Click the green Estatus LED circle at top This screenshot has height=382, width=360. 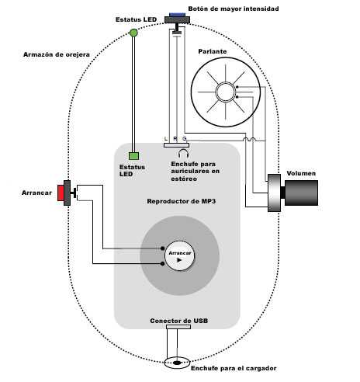[x=133, y=33]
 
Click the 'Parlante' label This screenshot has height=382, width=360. [x=213, y=51]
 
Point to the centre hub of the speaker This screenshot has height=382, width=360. [x=225, y=92]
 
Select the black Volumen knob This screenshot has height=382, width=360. [x=301, y=193]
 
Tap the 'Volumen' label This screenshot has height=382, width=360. [x=301, y=173]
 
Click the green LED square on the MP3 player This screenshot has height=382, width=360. [x=133, y=155]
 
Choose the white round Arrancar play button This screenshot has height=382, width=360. [x=179, y=255]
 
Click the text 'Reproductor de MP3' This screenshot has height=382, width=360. [x=180, y=202]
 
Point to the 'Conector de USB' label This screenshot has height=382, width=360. [x=178, y=321]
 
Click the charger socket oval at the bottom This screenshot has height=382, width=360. [x=178, y=362]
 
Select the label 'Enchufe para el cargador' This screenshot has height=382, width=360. [x=233, y=368]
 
